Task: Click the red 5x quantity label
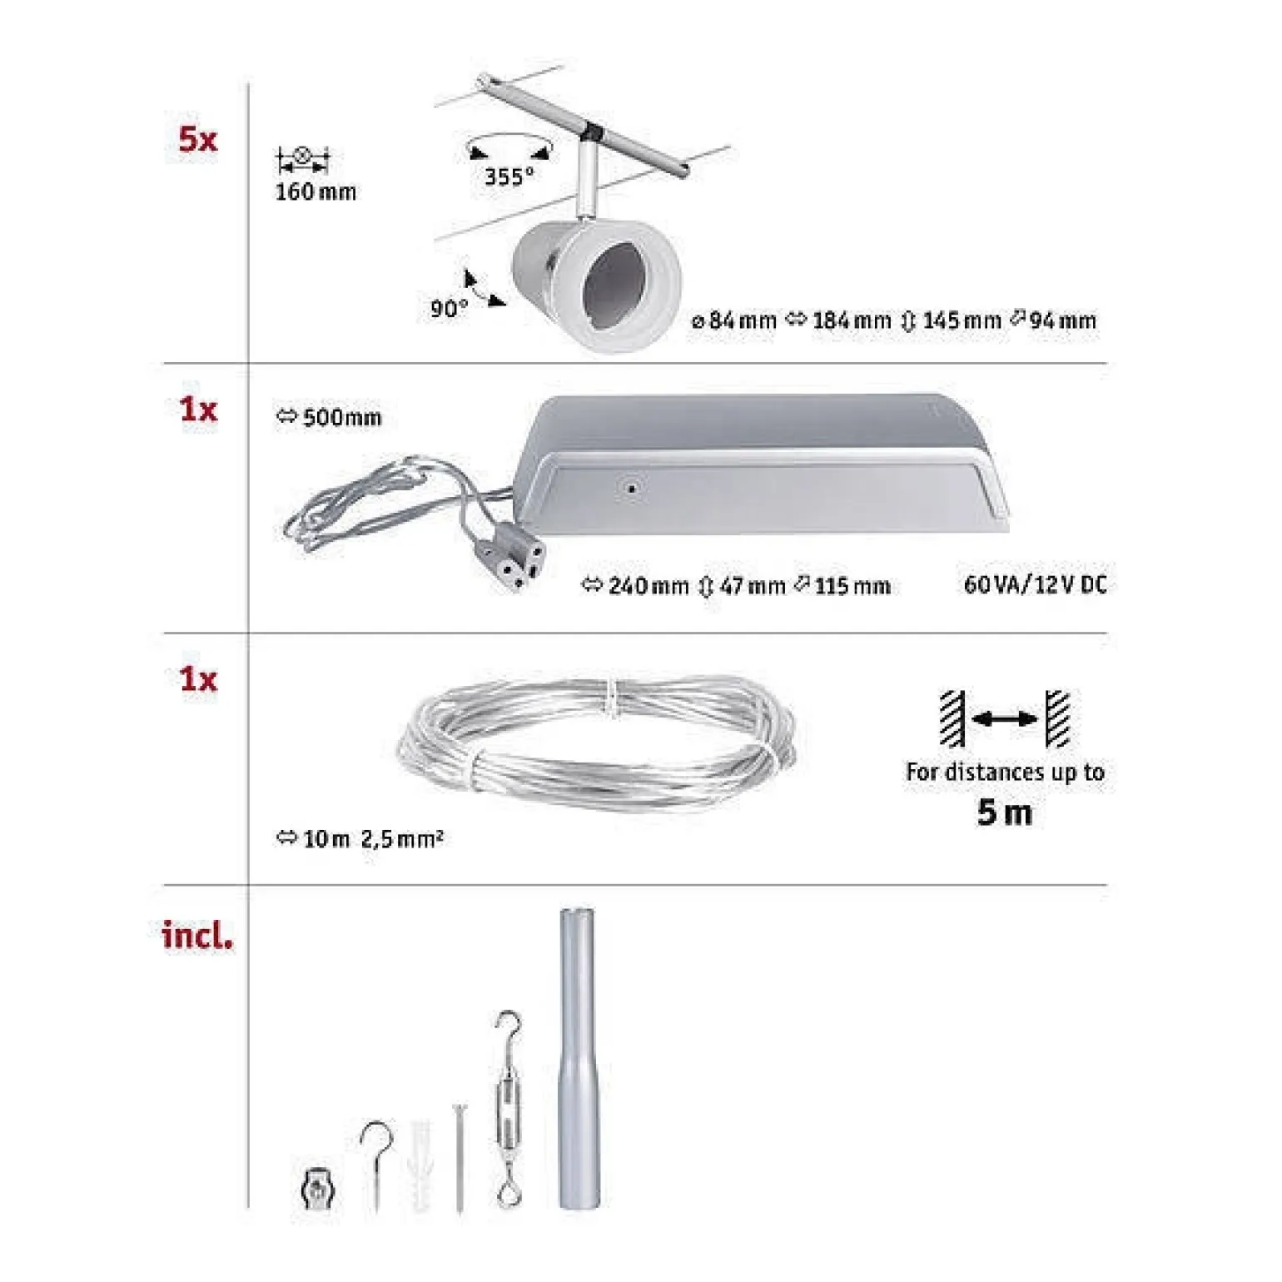tap(197, 139)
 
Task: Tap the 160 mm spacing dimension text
tap(316, 192)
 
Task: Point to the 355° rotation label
tap(509, 176)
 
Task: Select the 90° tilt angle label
tap(450, 309)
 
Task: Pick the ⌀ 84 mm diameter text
tap(734, 320)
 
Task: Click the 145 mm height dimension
tap(952, 320)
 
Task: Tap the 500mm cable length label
tap(329, 417)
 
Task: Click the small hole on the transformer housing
tap(631, 488)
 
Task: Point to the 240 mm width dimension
tap(636, 586)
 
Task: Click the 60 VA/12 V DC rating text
tap(1036, 584)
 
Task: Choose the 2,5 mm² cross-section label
tap(402, 838)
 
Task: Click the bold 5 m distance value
tap(1005, 812)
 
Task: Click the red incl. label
tap(197, 935)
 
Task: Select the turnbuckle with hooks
tap(507, 1109)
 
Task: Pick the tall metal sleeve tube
tap(578, 1059)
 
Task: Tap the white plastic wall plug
tap(422, 1165)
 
